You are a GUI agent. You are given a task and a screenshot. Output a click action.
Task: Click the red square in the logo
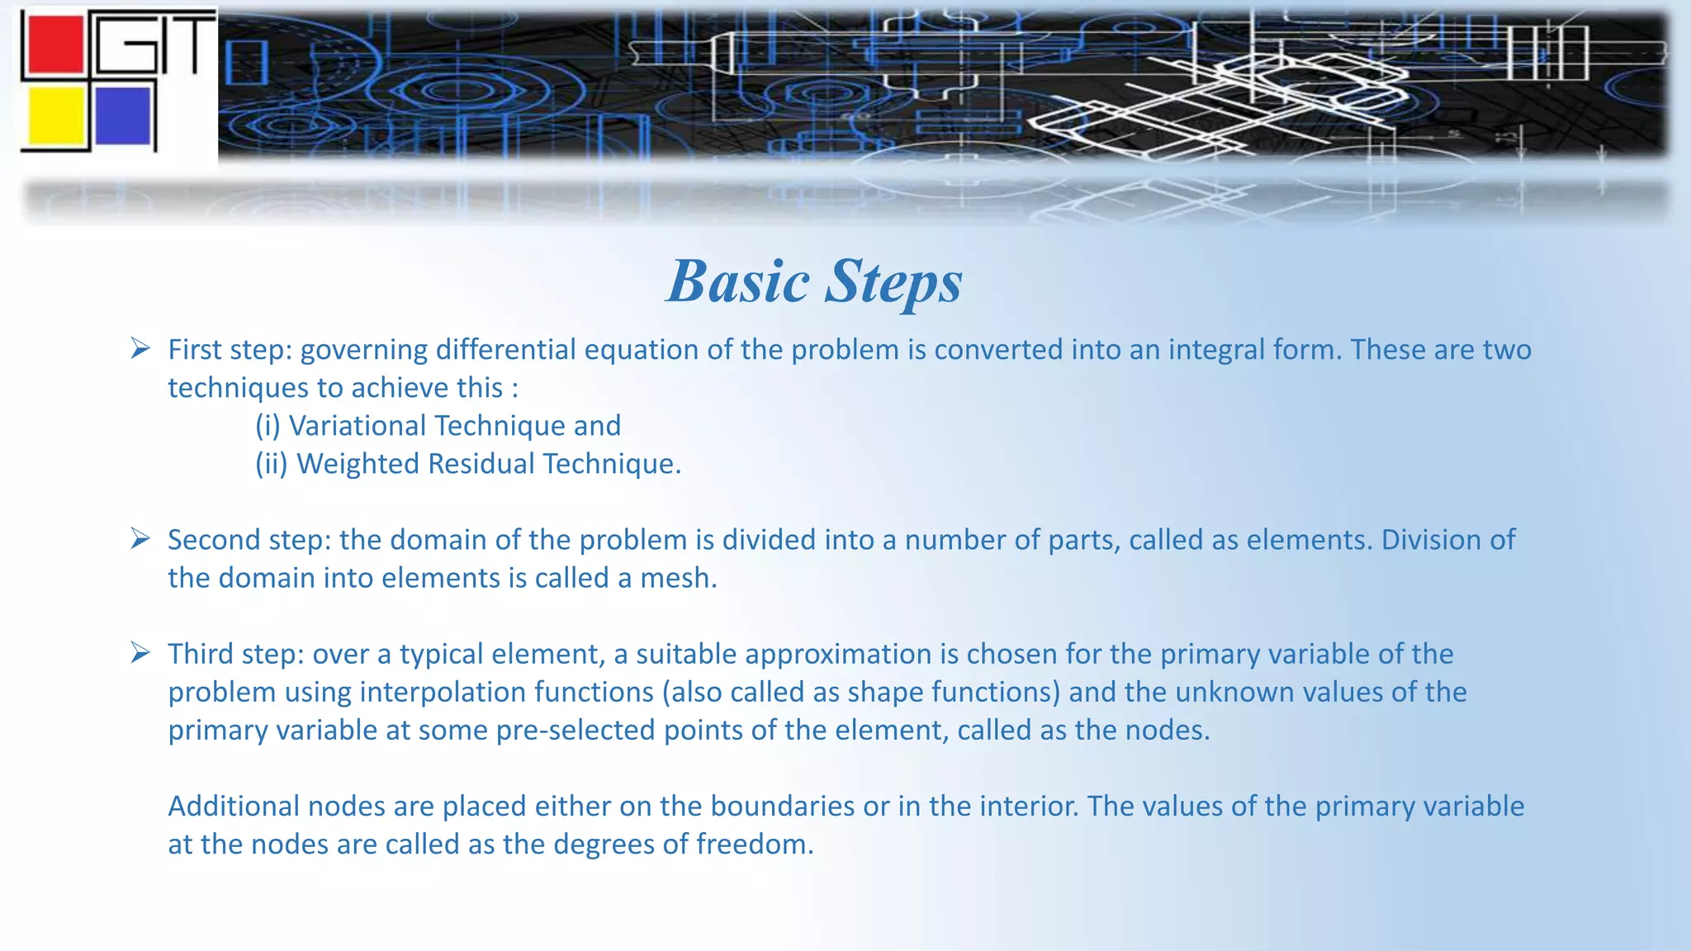click(54, 45)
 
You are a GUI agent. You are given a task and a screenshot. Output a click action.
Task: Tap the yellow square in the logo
click(55, 116)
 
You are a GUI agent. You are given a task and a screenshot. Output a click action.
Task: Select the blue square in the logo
click(123, 116)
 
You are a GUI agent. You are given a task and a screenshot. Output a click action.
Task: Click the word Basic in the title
click(737, 282)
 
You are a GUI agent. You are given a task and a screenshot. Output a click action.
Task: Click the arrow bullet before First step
click(140, 349)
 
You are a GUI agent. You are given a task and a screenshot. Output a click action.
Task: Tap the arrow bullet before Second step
click(140, 539)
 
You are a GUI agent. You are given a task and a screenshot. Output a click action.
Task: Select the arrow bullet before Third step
click(140, 653)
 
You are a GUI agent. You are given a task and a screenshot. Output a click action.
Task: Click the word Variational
click(357, 426)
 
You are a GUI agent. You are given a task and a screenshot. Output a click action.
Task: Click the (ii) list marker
click(271, 464)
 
